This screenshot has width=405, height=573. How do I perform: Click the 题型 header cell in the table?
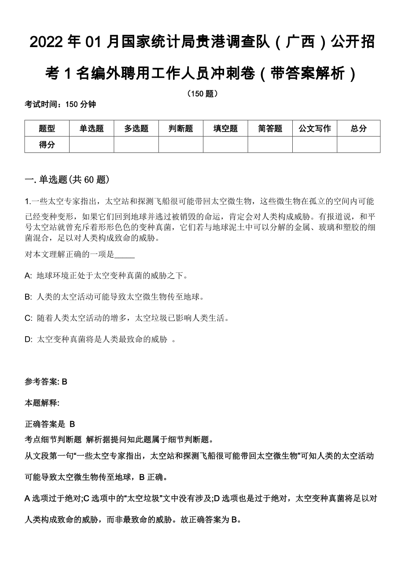47,129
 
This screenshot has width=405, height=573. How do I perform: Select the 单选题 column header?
92,129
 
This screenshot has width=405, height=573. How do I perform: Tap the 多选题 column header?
136,129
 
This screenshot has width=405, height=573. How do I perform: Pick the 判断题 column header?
181,129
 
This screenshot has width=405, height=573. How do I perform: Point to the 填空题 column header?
225,129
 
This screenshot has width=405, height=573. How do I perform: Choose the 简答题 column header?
270,129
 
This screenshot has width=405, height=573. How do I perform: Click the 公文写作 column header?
315,129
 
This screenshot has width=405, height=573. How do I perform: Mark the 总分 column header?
359,129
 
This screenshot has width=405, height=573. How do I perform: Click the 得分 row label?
47,144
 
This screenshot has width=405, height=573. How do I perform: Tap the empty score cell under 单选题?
92,144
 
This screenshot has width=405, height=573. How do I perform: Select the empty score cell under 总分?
359,144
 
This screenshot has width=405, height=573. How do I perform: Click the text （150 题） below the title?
202,93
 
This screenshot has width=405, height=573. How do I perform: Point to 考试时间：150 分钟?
60,104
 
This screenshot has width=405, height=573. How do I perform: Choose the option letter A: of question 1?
29,276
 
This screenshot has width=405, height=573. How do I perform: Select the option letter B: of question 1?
29,297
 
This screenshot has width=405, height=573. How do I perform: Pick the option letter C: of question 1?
29,318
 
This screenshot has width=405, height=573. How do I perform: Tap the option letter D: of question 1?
29,339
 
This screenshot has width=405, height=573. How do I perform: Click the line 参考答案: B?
46,382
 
